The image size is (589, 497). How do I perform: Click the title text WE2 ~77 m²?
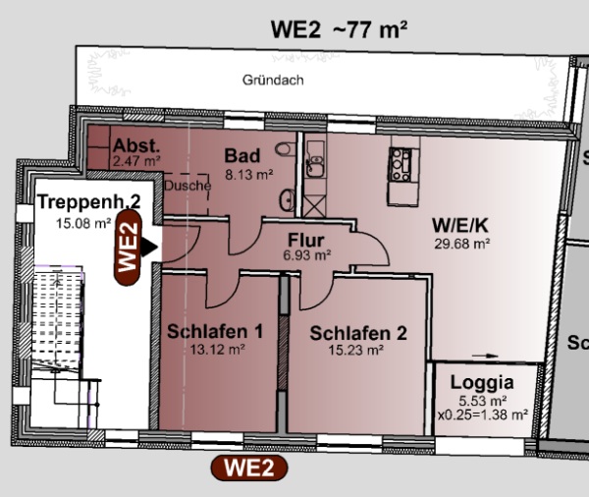[339, 29]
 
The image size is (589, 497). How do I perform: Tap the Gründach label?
[273, 81]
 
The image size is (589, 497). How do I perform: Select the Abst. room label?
[136, 145]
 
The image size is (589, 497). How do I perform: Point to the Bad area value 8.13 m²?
[249, 175]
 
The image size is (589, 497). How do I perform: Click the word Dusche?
[187, 186]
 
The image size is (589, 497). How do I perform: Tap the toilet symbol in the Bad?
[285, 149]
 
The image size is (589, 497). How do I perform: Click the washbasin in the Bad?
[287, 199]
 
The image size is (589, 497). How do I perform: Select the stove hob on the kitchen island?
[401, 165]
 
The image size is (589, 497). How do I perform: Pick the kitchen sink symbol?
[315, 164]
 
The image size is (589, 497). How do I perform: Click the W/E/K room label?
[460, 225]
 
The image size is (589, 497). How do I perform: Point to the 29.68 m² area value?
[462, 244]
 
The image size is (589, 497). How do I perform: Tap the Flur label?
[306, 241]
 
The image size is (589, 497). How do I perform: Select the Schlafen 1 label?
[215, 331]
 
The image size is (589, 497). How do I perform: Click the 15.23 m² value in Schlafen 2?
[355, 350]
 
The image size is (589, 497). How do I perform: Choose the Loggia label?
[482, 383]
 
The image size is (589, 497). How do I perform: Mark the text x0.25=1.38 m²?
[483, 415]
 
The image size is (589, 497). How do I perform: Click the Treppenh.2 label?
[89, 202]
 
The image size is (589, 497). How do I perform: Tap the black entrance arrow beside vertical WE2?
[149, 248]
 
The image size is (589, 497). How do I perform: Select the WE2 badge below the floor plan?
[249, 469]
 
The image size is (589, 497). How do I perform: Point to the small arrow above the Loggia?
[485, 356]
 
